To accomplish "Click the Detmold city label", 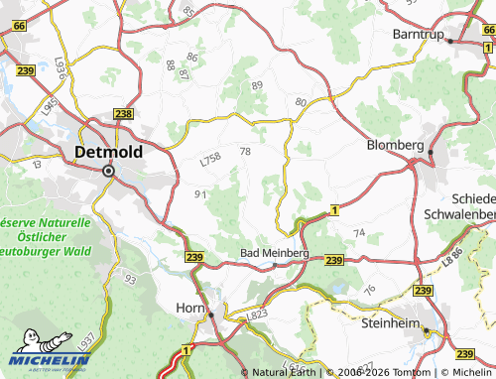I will pos(108,153).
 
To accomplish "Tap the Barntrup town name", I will pos(416,32).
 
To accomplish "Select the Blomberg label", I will pos(395,145).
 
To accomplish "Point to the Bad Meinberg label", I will pos(275,254).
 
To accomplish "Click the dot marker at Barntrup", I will pos(449,42).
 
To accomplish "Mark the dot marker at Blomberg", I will pos(432,152).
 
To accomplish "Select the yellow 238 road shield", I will pos(123,115).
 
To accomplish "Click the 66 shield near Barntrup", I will pos(487,33).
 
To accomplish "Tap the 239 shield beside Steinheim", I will pos(424,290).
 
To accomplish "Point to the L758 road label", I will pos(209,159).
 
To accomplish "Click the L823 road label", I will pos(257,314).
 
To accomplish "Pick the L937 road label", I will pos(86,343).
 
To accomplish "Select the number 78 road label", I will pos(245,151).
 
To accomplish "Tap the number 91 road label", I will pos(200,194).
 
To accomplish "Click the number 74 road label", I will pos(359,232).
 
